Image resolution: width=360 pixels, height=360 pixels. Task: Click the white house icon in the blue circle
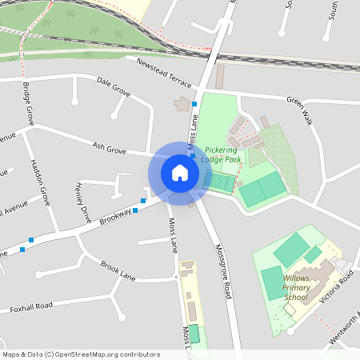[180, 173]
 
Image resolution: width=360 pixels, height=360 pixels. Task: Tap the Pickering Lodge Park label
[222, 154]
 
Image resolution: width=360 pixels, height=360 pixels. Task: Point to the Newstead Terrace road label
[165, 73]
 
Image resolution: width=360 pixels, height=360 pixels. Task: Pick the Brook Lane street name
[118, 270]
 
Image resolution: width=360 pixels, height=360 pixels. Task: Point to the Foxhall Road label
[31, 306]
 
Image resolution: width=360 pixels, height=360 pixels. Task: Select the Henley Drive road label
[83, 202]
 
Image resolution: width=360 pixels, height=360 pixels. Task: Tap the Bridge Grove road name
[30, 103]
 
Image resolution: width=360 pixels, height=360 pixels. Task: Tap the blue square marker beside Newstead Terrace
[194, 104]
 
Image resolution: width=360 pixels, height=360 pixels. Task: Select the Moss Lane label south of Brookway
[172, 235]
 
